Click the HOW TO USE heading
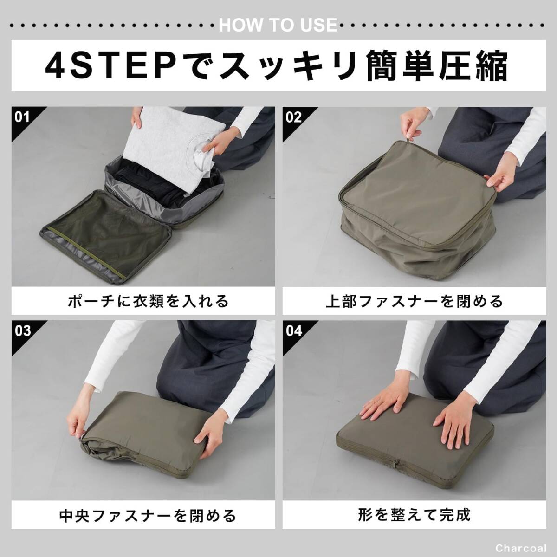[x=278, y=25]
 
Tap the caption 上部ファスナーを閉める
[x=415, y=301]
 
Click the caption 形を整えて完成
[x=415, y=514]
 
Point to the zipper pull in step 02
[x=408, y=141]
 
